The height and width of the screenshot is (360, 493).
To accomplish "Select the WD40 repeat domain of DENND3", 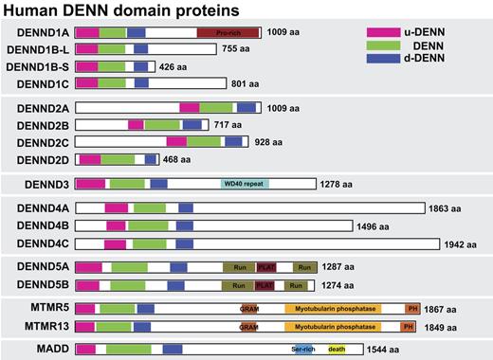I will (x=246, y=183).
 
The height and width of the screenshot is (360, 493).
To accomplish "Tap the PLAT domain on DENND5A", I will (x=266, y=267).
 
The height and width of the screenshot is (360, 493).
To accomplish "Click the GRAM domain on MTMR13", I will (x=249, y=326).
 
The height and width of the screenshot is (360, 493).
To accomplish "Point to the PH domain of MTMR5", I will (x=412, y=309).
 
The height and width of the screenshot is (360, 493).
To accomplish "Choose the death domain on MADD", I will (x=337, y=349).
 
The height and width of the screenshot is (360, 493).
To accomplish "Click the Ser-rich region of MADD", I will (x=303, y=349).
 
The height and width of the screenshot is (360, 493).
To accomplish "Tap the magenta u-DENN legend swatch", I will (x=381, y=30).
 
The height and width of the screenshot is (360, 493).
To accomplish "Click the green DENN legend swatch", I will (x=381, y=46).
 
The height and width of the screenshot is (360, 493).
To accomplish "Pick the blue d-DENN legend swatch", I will (x=381, y=63).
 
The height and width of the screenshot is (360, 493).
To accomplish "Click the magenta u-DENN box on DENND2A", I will (x=190, y=108).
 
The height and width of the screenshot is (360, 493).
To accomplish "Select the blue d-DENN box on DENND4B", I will (x=184, y=225).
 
